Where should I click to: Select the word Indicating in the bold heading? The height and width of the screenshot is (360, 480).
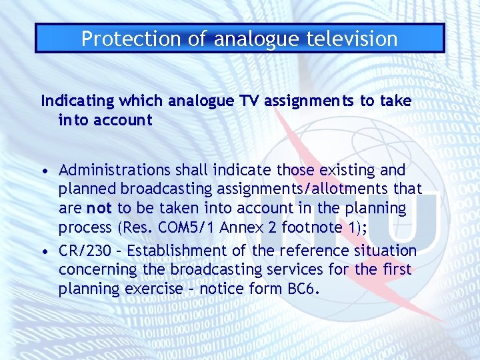tap(77, 101)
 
